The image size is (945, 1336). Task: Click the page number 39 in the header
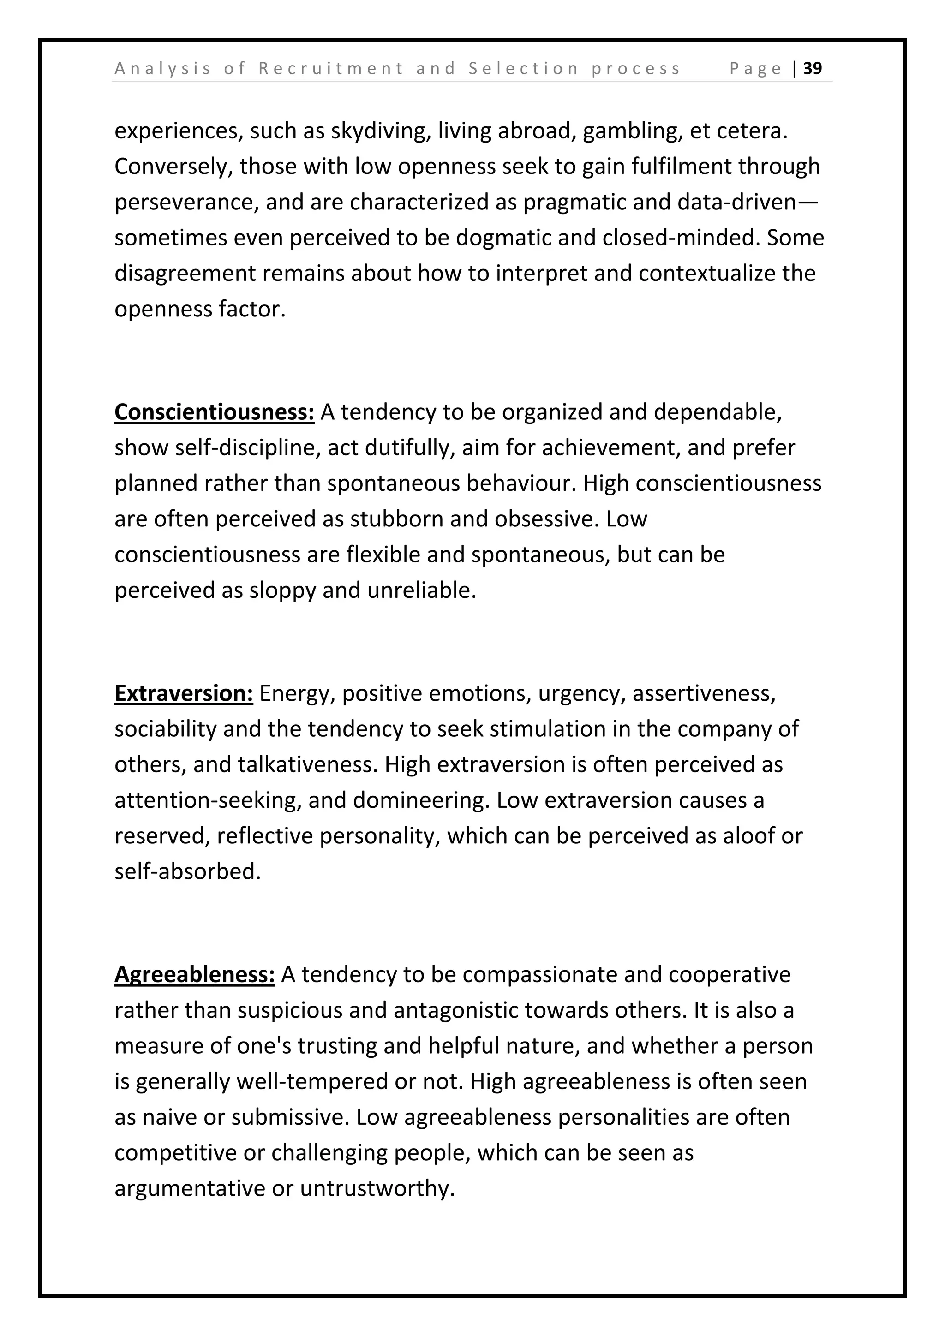click(812, 69)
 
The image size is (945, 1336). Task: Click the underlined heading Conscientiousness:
click(214, 412)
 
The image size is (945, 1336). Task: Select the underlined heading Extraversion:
click(183, 693)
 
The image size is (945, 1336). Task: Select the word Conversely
click(173, 167)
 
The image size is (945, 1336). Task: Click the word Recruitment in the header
click(330, 69)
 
